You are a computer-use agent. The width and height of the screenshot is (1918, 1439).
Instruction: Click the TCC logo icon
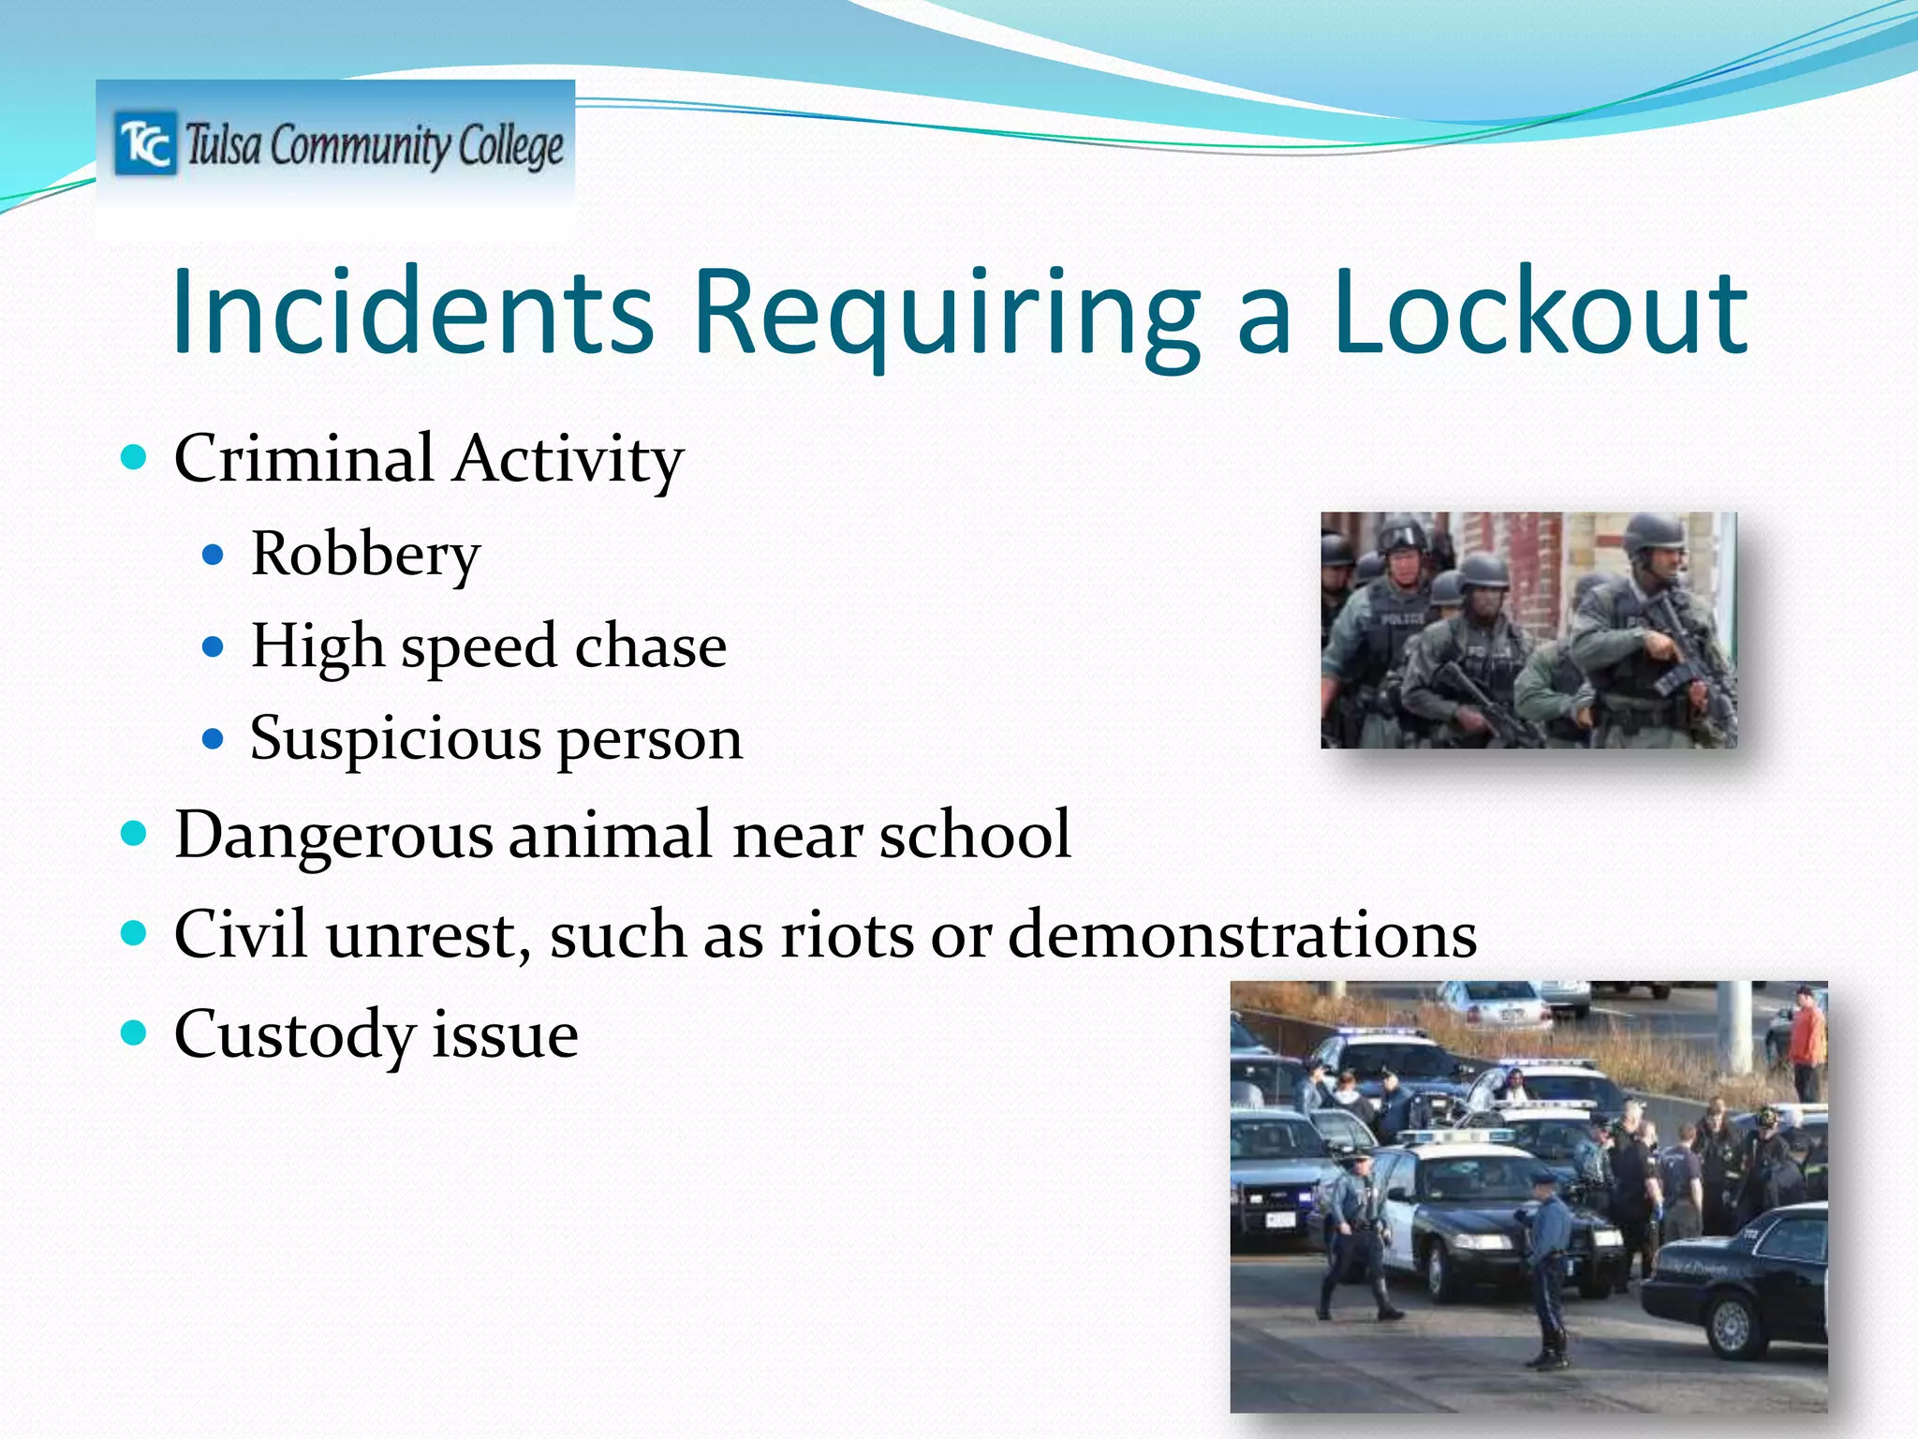tap(144, 144)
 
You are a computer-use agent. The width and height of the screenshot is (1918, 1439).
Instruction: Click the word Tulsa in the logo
tap(223, 147)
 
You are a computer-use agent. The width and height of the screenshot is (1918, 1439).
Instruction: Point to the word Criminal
tap(303, 459)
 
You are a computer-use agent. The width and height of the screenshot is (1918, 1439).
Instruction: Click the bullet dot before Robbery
tap(214, 555)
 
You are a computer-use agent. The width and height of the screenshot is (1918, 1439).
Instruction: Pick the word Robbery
tap(365, 555)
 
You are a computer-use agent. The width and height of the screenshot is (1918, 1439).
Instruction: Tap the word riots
tap(847, 934)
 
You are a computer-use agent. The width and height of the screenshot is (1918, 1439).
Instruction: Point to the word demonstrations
tap(1242, 934)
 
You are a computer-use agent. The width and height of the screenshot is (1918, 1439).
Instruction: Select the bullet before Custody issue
tap(135, 1033)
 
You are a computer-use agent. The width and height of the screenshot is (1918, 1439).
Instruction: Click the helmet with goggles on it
tap(1402, 537)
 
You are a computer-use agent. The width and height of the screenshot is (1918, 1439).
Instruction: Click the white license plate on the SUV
tap(1279, 1220)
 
